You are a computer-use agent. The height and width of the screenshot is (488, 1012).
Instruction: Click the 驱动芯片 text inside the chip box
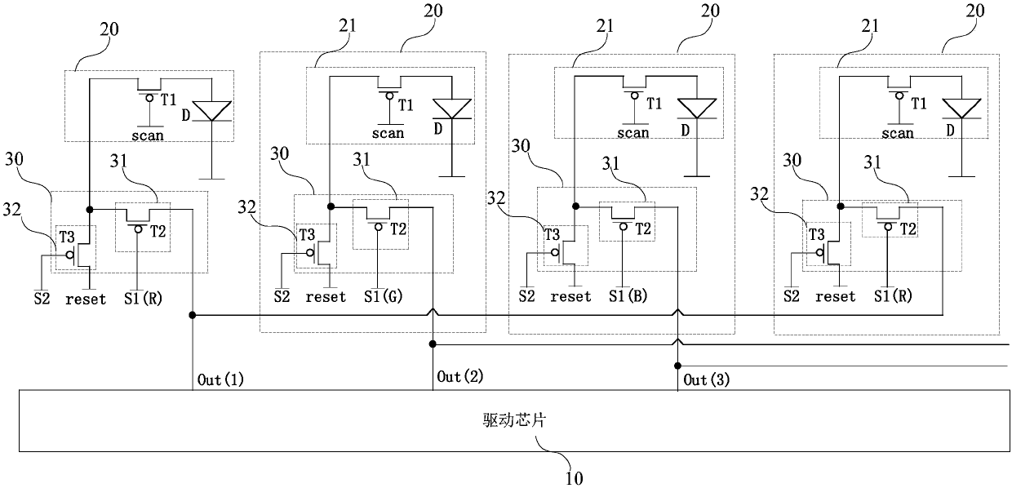coord(507,421)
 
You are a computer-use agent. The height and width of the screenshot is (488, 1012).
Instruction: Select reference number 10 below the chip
coord(574,477)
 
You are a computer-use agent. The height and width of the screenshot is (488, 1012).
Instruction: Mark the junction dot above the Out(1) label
coord(193,314)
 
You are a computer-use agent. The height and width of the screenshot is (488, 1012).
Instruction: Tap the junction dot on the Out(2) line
coord(433,344)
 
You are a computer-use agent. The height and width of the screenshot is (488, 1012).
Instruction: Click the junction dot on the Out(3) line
coord(677,365)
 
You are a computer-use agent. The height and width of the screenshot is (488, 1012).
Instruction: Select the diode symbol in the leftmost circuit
coord(212,111)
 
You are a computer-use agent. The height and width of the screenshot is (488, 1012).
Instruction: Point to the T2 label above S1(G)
coord(397,229)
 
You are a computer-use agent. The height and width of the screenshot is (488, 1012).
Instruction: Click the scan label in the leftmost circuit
coord(147,135)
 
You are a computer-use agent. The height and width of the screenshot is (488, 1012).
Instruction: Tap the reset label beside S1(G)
coord(326,297)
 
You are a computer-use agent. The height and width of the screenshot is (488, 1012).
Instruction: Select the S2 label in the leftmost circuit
coord(42,299)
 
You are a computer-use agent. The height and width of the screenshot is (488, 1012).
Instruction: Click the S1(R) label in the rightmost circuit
coord(892,297)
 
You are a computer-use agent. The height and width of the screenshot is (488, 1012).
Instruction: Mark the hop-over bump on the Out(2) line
coord(433,313)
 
